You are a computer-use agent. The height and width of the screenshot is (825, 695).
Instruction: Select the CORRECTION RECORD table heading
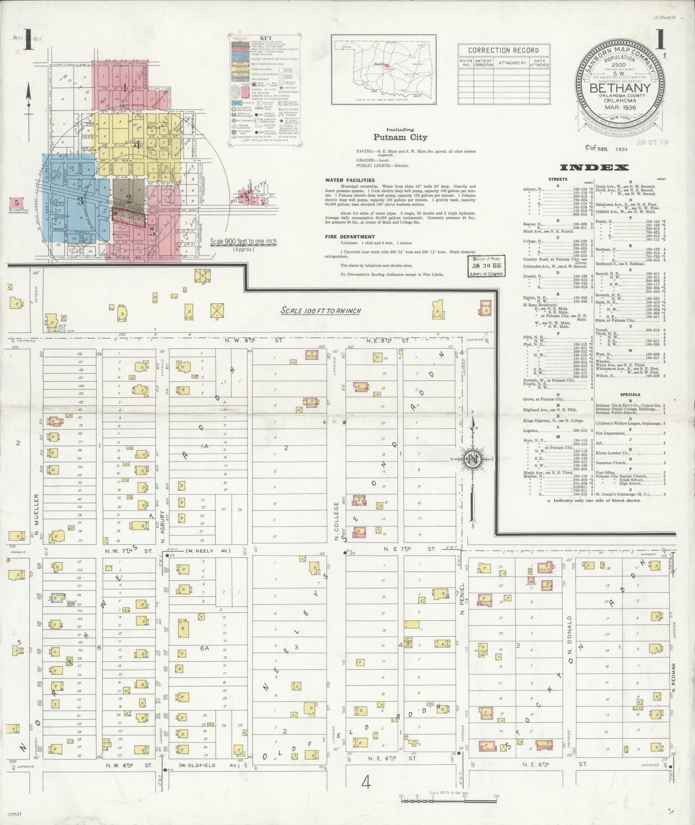pos(503,50)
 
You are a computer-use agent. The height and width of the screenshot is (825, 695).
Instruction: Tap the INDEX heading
pos(594,168)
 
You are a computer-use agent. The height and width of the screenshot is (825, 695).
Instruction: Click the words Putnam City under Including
pos(400,138)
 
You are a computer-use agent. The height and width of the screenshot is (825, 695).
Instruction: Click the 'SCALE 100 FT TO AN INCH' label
pos(321,310)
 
